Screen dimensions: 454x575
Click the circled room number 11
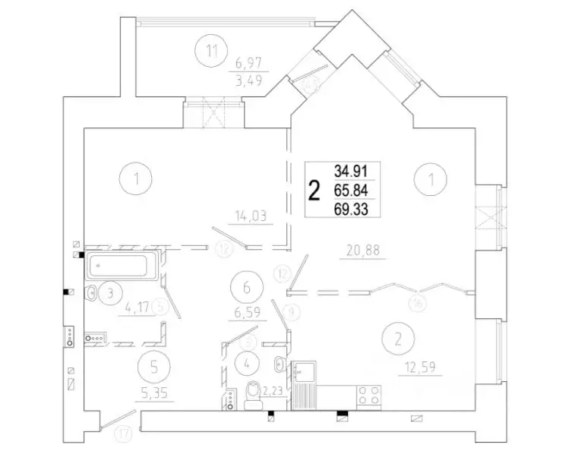(x=212, y=52)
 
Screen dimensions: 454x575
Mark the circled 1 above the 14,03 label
(x=136, y=180)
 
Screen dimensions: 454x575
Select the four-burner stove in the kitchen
(x=369, y=396)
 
